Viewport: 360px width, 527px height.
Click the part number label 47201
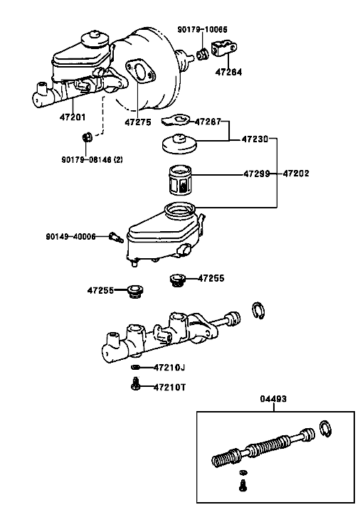point(73,117)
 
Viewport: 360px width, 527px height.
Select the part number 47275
point(138,122)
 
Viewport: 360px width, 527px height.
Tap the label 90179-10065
point(202,30)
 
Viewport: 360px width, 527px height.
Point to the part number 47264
point(228,72)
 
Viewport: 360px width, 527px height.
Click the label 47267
point(208,122)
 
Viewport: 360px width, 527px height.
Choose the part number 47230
point(255,139)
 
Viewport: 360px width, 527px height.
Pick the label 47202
point(296,174)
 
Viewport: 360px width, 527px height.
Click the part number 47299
point(257,174)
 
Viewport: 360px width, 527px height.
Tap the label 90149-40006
point(70,237)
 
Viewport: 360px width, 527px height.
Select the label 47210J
point(169,368)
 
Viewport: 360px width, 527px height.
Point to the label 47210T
point(170,388)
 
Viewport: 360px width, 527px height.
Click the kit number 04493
point(273,399)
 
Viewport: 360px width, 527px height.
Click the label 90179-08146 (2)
point(92,159)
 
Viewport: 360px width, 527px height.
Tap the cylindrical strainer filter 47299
point(180,180)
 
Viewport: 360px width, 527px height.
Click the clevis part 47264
point(224,48)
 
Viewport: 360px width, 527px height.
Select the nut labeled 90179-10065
point(202,55)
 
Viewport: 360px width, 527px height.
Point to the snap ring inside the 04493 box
point(325,429)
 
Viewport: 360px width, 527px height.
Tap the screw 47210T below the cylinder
point(135,384)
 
